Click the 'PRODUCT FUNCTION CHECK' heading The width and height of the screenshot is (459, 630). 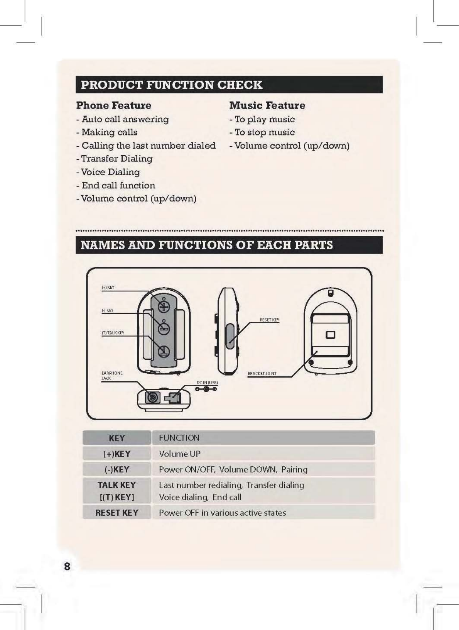[172, 85]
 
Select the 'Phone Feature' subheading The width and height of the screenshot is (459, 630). [113, 105]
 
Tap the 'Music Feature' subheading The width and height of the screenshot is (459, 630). [267, 105]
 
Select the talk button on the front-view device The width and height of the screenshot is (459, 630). [164, 351]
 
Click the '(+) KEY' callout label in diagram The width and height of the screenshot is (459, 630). [108, 288]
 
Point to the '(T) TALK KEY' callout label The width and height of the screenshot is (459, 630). [113, 333]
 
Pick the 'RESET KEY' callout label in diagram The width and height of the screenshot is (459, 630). [269, 320]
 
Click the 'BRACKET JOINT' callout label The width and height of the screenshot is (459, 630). [262, 374]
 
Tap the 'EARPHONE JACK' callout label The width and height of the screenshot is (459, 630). [111, 376]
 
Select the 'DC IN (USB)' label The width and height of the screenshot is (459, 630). [207, 383]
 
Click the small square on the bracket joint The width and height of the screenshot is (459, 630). [331, 335]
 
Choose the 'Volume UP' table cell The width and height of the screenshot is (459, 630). [180, 454]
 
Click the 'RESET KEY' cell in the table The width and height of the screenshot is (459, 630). [116, 513]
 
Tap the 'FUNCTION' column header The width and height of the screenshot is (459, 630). [179, 438]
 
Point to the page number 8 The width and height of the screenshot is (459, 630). [67, 567]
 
